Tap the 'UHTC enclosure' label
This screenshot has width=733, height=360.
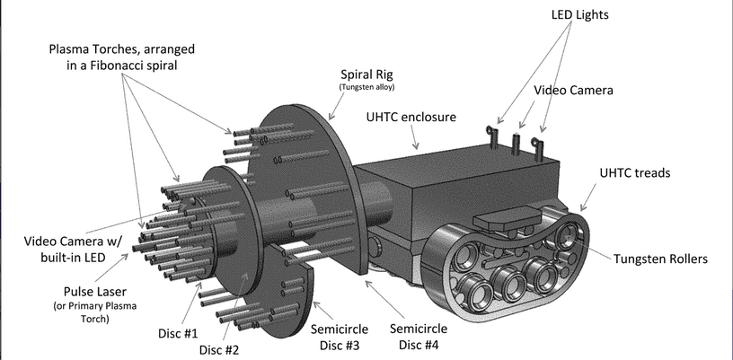[411, 118]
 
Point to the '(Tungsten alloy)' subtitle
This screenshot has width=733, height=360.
[366, 88]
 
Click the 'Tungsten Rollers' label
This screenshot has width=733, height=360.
[661, 259]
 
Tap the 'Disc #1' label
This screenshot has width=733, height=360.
[176, 334]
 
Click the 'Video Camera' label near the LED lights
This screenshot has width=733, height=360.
[573, 91]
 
